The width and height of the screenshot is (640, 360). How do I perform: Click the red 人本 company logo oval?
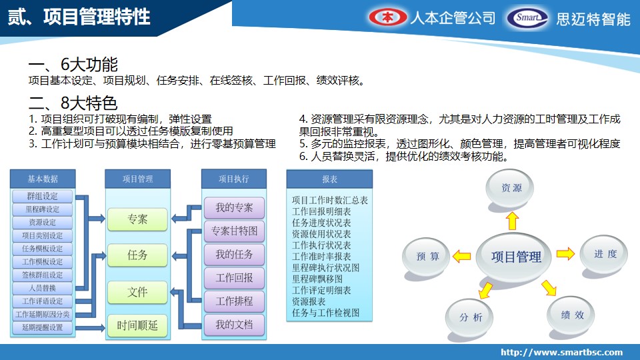coord(388,17)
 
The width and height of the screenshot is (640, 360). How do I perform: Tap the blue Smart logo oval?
coord(527,18)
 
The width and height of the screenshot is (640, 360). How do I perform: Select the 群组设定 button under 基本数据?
coord(43,196)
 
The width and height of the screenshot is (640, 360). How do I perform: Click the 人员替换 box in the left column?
coord(43,288)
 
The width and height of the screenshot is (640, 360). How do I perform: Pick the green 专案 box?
coord(137,219)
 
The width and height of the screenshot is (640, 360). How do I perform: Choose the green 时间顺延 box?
coord(137,326)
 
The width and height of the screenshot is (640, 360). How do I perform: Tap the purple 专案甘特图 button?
coord(234,231)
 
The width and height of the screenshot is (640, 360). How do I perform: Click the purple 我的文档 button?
coord(234,325)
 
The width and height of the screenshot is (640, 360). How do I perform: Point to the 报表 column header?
coord(330,179)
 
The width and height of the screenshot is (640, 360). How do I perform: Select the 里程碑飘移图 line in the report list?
coord(317,279)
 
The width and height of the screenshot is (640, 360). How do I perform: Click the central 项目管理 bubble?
coord(515,257)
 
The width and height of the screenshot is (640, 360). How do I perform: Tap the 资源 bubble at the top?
coord(510,188)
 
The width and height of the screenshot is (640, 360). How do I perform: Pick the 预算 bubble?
coord(427,256)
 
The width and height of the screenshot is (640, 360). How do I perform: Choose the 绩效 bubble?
coord(571,315)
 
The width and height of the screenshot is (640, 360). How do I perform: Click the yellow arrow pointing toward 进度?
coord(566,253)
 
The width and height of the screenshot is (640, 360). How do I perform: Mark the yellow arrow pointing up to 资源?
coord(512,221)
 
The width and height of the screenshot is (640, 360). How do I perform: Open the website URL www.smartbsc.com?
coord(561,352)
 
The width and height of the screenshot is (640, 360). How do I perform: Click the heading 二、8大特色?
coord(73,103)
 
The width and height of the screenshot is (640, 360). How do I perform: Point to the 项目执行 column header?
coord(234,179)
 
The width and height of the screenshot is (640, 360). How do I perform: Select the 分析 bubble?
coord(469,317)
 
